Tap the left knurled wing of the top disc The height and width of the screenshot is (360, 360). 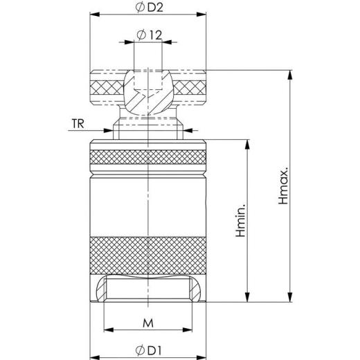pos(106,87)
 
